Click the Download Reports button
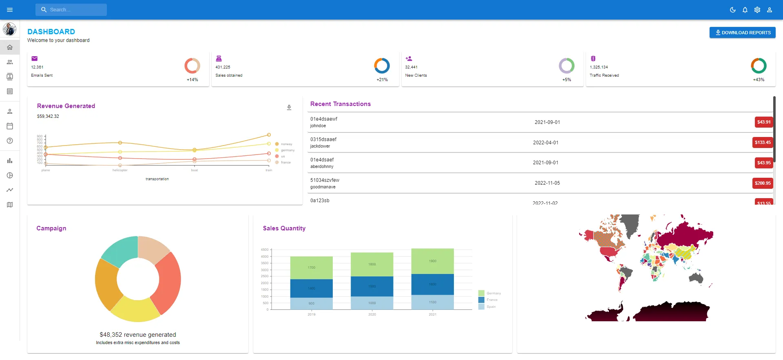coord(742,33)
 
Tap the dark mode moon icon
coord(733,10)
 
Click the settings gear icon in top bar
coord(757,10)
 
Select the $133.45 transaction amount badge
coord(763,142)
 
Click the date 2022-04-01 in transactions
coord(546,143)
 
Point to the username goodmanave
coord(323,187)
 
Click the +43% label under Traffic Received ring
coord(759,80)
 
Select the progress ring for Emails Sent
coord(192,66)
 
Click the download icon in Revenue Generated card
coord(289,108)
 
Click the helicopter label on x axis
coord(120,170)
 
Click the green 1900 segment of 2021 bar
coord(432,261)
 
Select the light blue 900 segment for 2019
coord(311,303)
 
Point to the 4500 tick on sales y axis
coord(265,250)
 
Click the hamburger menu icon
coord(10,10)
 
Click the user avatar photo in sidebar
coord(10,29)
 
